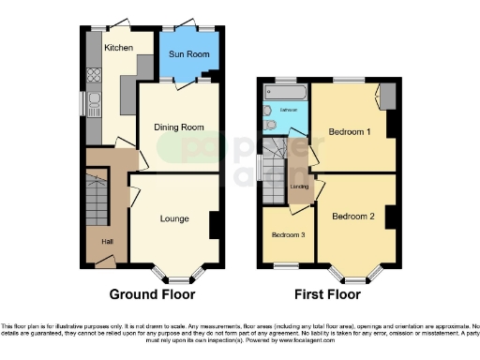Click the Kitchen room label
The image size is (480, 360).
[x=117, y=47]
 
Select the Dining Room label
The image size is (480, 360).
[x=178, y=127]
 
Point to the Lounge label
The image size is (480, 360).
[x=173, y=218]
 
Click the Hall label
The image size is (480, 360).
[x=95, y=242]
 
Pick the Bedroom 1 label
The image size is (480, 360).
[x=349, y=132]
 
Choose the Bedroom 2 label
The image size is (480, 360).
[x=352, y=216]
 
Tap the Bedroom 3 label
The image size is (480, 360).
[x=287, y=235]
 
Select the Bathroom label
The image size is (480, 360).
[x=290, y=111]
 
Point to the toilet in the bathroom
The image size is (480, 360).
[x=270, y=124]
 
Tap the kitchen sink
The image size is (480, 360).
[x=95, y=102]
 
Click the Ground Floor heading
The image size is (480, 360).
[x=152, y=294]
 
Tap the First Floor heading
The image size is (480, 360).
[x=327, y=294]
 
